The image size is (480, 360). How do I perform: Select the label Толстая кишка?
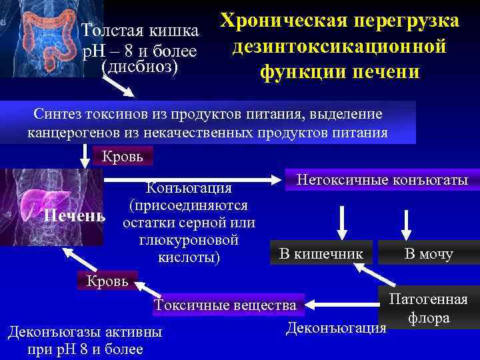point(139,31)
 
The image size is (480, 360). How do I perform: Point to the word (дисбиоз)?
point(139,67)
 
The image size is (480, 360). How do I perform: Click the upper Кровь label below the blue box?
point(127,157)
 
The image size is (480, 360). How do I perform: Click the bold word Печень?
point(74,217)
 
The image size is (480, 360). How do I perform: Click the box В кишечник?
point(321,253)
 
